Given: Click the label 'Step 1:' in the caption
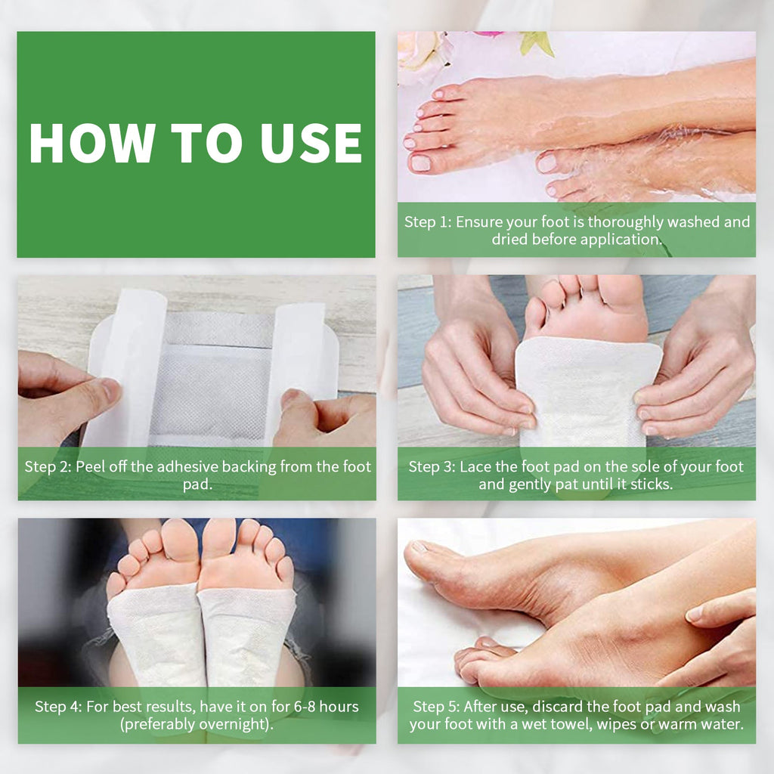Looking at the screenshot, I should click(428, 222).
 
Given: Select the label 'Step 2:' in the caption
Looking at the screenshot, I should click(47, 466).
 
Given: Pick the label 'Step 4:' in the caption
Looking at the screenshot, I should click(58, 707).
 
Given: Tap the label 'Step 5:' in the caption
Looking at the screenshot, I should click(436, 707).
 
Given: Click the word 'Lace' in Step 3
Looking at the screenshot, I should click(475, 466).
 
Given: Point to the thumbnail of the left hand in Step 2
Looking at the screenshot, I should click(110, 390).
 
